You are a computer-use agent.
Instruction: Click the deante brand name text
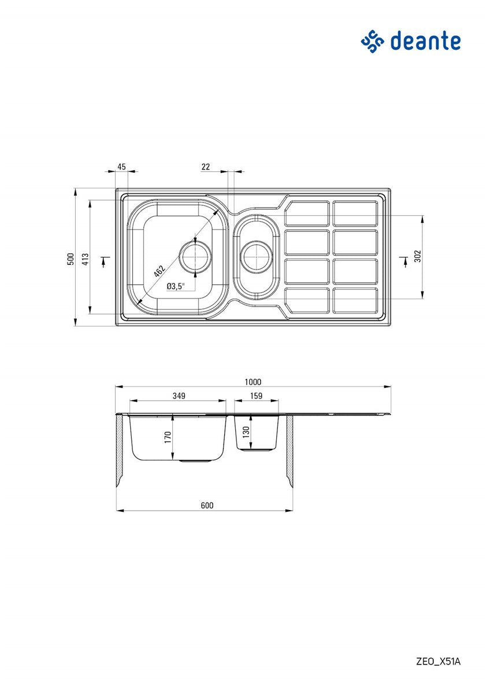point(426,41)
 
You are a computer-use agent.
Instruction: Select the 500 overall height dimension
point(71,259)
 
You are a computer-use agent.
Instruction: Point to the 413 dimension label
point(86,259)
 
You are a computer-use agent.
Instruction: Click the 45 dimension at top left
point(122,167)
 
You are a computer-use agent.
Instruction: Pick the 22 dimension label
point(206,167)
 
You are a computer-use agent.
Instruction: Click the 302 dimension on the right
point(418,256)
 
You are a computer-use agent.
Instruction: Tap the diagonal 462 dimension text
point(159,271)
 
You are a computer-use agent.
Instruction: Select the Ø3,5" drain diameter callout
point(176,286)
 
